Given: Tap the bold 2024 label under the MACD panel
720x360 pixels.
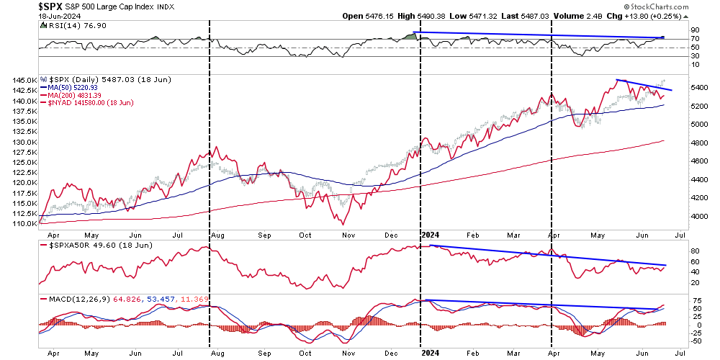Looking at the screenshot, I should (430, 353).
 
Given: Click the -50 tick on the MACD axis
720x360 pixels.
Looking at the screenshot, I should (678, 341).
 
